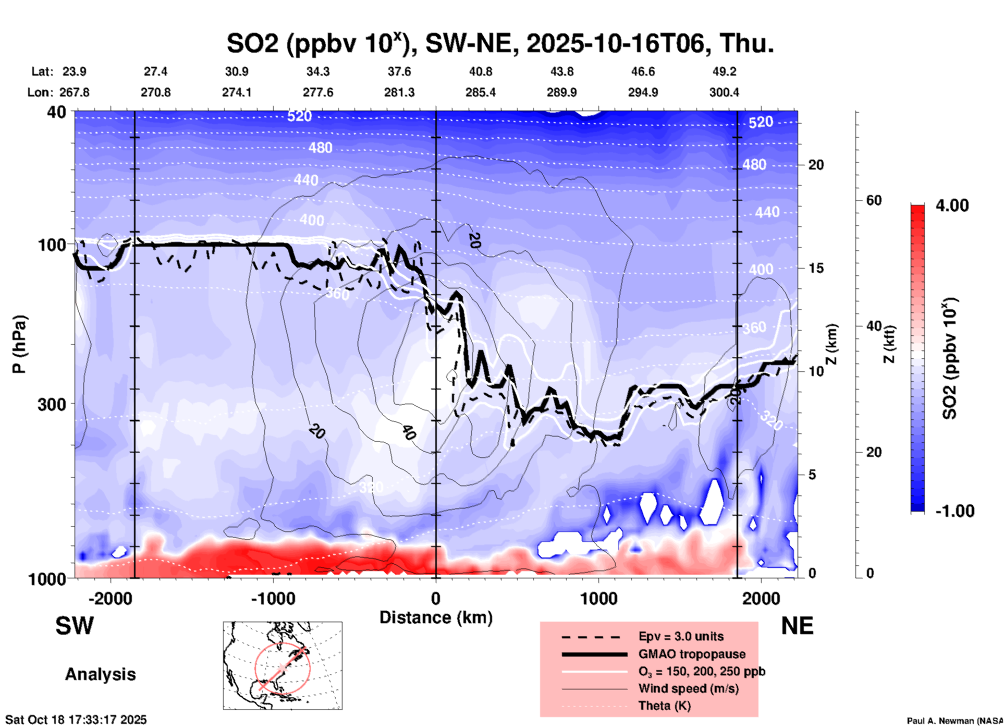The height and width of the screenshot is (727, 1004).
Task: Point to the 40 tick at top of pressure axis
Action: [x=57, y=112]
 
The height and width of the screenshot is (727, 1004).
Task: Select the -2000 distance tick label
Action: [x=110, y=599]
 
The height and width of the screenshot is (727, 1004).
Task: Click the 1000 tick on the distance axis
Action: [x=598, y=599]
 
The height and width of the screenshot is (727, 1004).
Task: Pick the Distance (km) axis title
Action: [x=436, y=617]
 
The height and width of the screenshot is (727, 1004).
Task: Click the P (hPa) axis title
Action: [x=19, y=344]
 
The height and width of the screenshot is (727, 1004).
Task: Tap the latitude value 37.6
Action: [x=399, y=71]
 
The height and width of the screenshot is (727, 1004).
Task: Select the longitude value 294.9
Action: [x=643, y=92]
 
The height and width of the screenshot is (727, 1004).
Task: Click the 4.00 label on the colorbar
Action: [x=952, y=205]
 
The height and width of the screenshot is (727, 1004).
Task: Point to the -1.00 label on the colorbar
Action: [x=954, y=511]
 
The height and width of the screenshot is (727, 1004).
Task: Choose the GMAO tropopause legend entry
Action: [x=692, y=654]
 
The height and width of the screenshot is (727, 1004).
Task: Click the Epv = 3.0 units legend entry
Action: [x=681, y=636]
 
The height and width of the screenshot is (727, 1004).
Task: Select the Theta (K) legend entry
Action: [x=664, y=706]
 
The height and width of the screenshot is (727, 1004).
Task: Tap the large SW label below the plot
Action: [x=75, y=626]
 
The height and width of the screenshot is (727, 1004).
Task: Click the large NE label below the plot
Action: [x=797, y=626]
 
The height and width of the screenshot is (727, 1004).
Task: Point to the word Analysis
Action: [x=100, y=674]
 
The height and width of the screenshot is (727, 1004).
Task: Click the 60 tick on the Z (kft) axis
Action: [x=874, y=200]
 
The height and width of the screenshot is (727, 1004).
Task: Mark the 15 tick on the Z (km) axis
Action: [x=816, y=268]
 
